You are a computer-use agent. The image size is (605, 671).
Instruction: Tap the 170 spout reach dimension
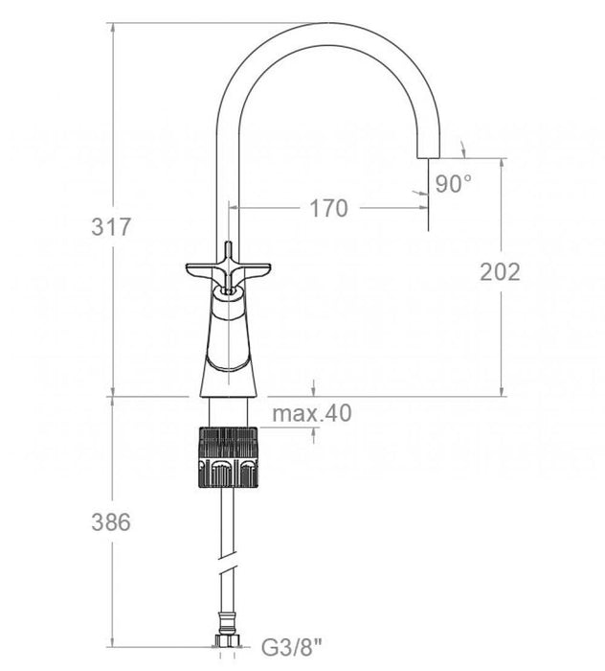pyautogui.click(x=328, y=208)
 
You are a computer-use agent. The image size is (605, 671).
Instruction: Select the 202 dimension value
pyautogui.click(x=500, y=272)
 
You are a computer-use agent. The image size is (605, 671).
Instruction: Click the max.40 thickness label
pyautogui.click(x=312, y=413)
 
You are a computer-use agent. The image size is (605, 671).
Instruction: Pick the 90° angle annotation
pyautogui.click(x=454, y=184)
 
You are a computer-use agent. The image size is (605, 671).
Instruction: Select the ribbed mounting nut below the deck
pyautogui.click(x=227, y=458)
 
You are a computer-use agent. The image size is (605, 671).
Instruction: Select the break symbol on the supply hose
pyautogui.click(x=227, y=574)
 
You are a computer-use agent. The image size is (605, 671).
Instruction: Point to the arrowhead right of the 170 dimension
pyautogui.click(x=420, y=208)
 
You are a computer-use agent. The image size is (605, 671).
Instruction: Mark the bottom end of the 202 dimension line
pyautogui.click(x=500, y=395)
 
